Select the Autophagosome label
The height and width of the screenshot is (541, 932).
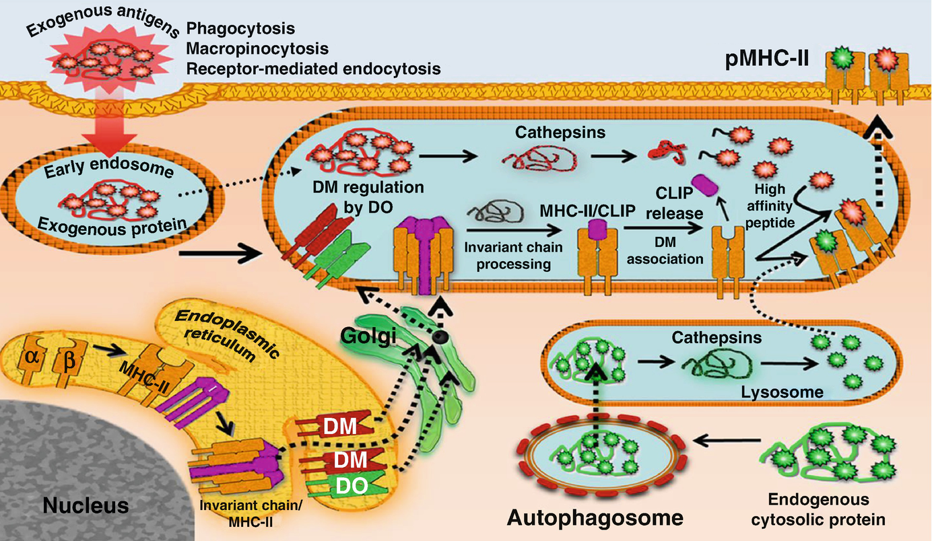click(595, 517)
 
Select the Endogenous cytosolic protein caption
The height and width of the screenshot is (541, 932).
click(826, 510)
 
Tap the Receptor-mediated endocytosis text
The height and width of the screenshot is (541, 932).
click(313, 69)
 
